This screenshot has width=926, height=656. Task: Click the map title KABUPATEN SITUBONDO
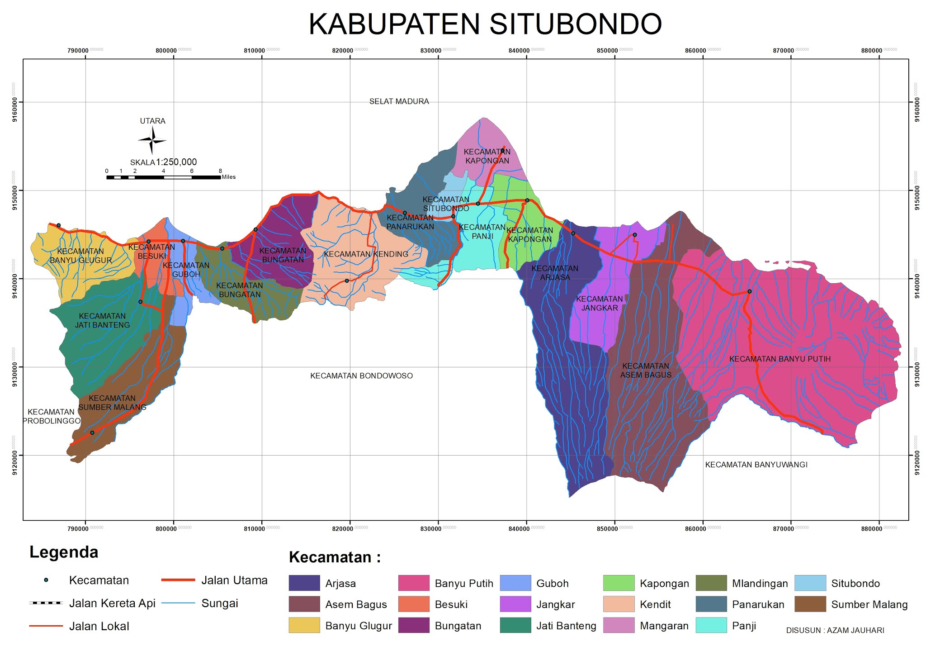coord(485,24)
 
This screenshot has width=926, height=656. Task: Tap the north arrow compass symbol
coord(152,140)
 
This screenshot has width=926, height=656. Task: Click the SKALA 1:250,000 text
coord(164,162)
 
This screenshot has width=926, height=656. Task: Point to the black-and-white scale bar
coord(163,177)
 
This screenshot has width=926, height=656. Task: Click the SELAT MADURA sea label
coord(399,101)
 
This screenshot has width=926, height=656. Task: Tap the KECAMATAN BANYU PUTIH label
coord(780,359)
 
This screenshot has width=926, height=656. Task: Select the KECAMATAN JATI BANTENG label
coord(102,320)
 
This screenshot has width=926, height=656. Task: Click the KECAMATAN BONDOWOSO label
coord(361,376)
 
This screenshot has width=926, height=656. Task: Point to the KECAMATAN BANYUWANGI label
coord(756,465)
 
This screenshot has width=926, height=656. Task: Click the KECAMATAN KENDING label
coord(366,254)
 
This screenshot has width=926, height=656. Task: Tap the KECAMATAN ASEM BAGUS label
coord(645,370)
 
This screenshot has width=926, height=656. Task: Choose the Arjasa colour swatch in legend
coord(304,583)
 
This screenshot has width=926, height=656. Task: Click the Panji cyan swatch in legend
coord(711,625)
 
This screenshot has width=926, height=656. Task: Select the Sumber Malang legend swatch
coord(810,604)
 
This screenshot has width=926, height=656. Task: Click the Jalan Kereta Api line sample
coord(46,603)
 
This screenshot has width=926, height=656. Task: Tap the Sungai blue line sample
coord(178,603)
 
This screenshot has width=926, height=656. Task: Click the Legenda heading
coord(64,552)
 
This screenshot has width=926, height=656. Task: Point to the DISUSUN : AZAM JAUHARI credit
coord(835,630)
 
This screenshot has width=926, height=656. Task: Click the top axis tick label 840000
coord(519,51)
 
